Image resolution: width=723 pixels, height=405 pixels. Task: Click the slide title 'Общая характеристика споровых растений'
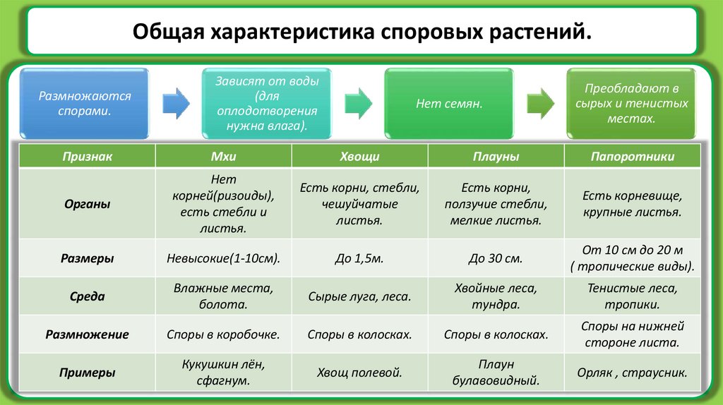(x=361, y=32)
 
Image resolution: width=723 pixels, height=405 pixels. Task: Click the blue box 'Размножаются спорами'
(x=85, y=103)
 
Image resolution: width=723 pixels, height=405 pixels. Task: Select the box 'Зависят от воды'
(x=268, y=103)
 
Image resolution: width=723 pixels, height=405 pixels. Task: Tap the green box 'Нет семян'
(x=449, y=103)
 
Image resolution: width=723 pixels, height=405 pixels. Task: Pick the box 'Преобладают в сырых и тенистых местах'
(x=631, y=103)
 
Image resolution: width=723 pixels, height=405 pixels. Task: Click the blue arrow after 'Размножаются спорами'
(x=176, y=103)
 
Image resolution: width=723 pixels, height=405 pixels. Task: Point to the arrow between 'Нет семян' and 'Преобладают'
(x=540, y=103)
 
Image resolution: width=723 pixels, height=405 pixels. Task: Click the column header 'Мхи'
(x=223, y=157)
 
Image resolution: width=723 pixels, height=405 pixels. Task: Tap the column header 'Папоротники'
(x=632, y=157)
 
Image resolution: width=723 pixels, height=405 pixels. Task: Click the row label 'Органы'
(x=87, y=204)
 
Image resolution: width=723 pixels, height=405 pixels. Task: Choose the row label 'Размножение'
(x=87, y=334)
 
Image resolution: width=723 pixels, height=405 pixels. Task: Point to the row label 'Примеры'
(x=87, y=373)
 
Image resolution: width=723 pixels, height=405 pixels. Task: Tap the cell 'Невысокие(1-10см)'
(x=223, y=259)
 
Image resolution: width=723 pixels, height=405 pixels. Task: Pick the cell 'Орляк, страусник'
(x=632, y=373)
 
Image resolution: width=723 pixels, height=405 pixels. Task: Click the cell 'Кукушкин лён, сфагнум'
(x=223, y=373)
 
